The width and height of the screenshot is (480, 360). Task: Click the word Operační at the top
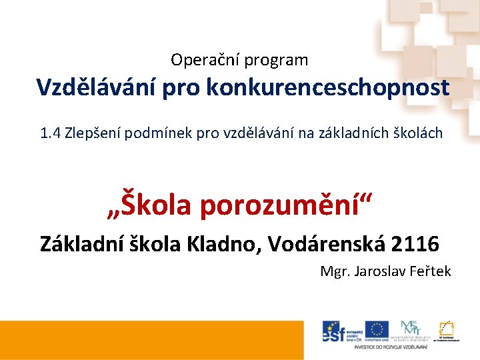tap(205, 61)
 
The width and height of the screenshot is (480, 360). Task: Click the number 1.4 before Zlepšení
tap(50, 133)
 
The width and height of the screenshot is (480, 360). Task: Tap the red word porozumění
tap(283, 205)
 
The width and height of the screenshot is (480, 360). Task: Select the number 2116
tap(415, 244)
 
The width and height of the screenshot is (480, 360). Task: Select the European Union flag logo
tap(377, 329)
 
